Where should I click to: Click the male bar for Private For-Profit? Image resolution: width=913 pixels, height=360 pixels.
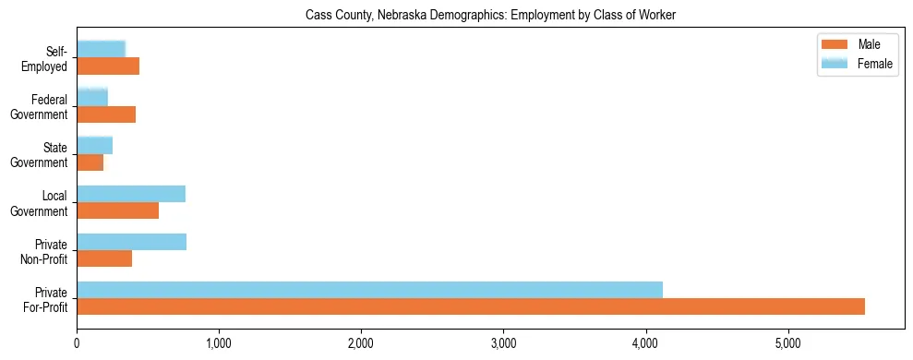click(x=471, y=306)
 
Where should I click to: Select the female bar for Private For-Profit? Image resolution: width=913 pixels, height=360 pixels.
click(x=369, y=290)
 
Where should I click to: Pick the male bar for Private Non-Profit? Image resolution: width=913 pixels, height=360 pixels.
click(x=104, y=258)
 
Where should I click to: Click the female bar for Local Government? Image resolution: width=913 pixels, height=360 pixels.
click(x=131, y=194)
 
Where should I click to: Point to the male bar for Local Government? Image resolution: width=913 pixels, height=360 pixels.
click(x=117, y=210)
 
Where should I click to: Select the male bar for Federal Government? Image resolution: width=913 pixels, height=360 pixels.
click(x=106, y=114)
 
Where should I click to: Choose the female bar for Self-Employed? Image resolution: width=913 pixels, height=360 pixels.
click(x=101, y=49)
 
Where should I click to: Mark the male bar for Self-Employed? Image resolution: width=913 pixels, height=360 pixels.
click(x=108, y=66)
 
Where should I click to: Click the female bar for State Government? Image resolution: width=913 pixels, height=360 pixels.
click(x=94, y=145)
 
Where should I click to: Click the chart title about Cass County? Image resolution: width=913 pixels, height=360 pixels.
click(x=490, y=15)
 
